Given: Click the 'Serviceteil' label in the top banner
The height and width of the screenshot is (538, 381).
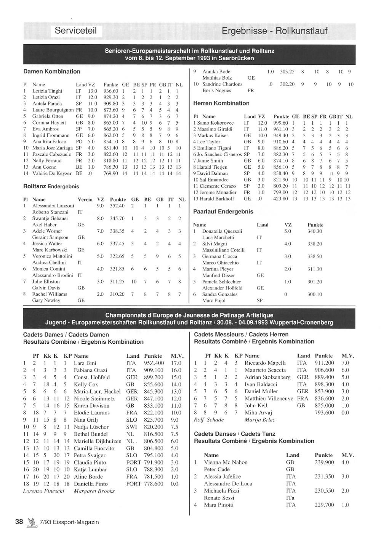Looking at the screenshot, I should pos(75,31).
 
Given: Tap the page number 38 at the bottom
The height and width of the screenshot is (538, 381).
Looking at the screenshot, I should pos(19,522).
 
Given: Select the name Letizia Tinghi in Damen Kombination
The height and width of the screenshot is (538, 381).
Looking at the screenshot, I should pos(47,91).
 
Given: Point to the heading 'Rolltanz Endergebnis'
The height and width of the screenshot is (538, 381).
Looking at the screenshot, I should pos(51,186).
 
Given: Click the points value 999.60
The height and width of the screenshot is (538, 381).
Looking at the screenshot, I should pos(280,123).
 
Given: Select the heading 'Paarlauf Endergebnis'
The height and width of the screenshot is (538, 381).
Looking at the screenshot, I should pos(223,211).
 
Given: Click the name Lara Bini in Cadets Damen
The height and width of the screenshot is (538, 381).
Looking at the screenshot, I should pos(85,363).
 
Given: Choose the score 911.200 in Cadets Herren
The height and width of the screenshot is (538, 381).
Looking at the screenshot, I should pos(324,363).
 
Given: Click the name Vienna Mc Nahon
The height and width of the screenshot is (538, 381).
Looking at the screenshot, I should pos(226,462).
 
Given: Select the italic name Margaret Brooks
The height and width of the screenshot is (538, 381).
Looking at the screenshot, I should pos(94,491).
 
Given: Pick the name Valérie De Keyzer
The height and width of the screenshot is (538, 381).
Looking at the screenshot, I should pos(52,173).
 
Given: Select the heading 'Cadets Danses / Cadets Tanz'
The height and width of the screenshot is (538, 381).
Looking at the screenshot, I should pos(234,434).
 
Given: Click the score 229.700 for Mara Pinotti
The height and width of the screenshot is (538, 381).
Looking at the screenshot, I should pos(324,505).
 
